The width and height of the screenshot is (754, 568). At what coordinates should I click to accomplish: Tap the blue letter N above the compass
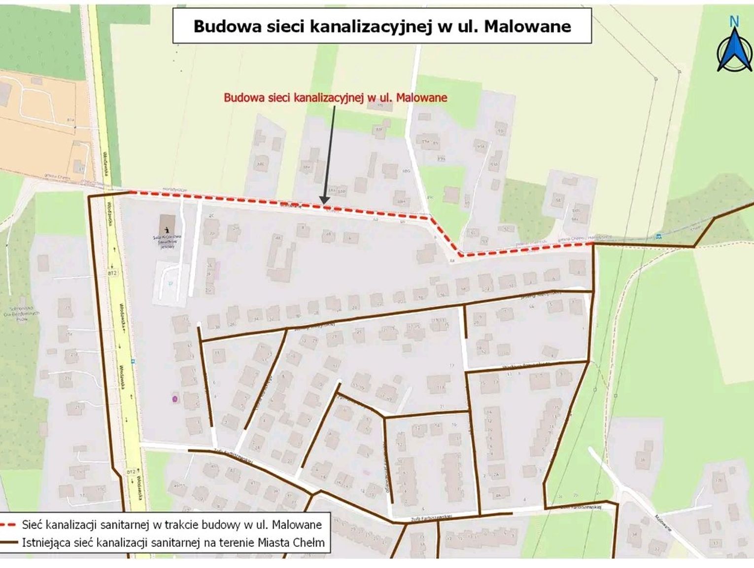click(x=734, y=21)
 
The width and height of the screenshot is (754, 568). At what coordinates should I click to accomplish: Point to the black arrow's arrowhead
click(x=324, y=200)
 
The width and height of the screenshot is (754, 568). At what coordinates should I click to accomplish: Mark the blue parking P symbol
click(x=171, y=284)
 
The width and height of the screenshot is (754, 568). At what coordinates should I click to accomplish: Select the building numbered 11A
click(x=440, y=388)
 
